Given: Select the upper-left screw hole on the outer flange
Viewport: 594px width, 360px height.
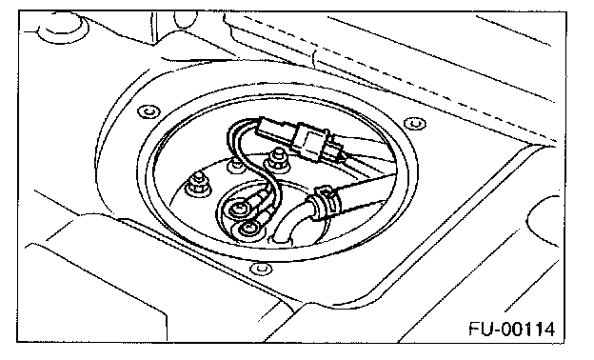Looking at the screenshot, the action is click(148, 111).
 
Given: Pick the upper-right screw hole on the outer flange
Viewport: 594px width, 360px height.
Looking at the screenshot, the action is click(416, 123).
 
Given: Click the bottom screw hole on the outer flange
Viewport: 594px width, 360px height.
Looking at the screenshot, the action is click(261, 269).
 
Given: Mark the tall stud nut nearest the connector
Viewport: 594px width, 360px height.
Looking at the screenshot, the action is click(278, 159).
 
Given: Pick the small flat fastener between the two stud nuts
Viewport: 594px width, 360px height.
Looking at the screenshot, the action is click(236, 165).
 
